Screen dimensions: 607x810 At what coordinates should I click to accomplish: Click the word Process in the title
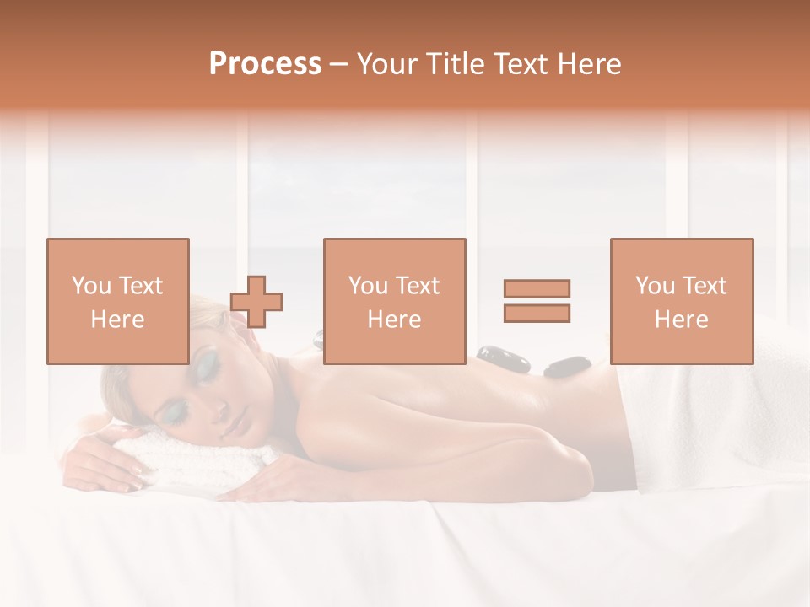pyautogui.click(x=265, y=64)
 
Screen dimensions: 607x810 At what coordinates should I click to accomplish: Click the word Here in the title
pyautogui.click(x=590, y=64)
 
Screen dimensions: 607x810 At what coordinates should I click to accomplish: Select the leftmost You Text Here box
pyautogui.click(x=117, y=301)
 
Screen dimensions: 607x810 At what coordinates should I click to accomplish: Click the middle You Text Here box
pyautogui.click(x=394, y=301)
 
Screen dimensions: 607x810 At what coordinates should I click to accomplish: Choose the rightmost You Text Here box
pyautogui.click(x=681, y=301)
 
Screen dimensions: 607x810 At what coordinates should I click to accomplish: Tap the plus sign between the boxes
pyautogui.click(x=256, y=301)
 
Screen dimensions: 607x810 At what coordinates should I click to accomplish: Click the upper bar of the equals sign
pyautogui.click(x=537, y=288)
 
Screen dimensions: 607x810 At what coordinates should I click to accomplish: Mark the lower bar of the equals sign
pyautogui.click(x=537, y=313)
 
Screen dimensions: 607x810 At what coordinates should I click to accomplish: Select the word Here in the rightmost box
pyautogui.click(x=681, y=320)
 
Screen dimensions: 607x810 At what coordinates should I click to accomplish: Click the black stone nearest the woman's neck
pyautogui.click(x=318, y=340)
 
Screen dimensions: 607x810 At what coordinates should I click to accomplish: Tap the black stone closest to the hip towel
pyautogui.click(x=567, y=367)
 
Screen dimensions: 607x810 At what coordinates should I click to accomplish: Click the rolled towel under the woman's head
pyautogui.click(x=202, y=456)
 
